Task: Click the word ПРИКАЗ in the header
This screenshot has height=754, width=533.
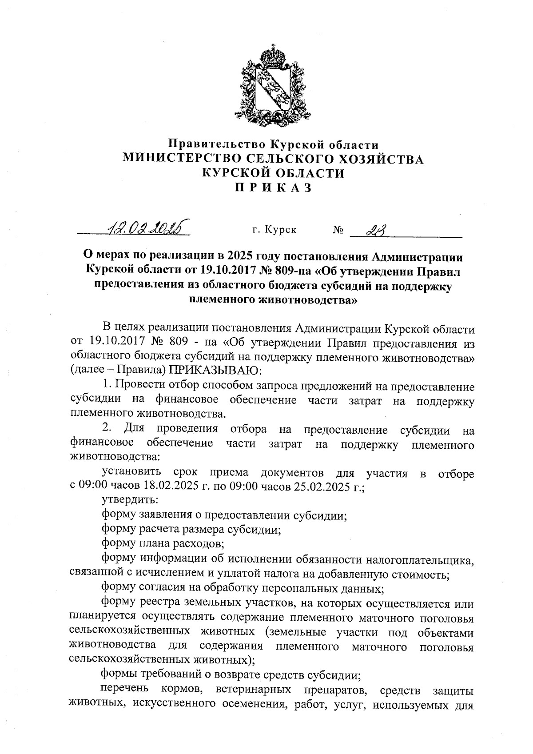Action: pos(273,188)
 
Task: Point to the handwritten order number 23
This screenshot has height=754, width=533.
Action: pos(375,230)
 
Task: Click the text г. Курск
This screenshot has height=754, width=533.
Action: pos(274,230)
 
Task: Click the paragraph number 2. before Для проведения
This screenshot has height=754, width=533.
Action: pos(107,429)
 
